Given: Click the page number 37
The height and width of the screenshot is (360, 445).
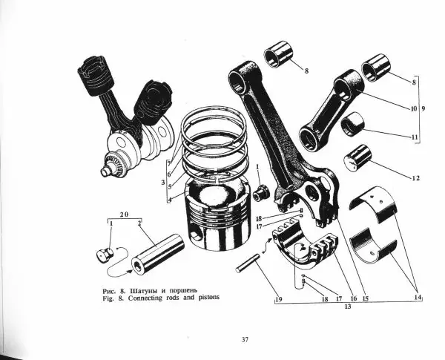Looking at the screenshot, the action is point(245,339).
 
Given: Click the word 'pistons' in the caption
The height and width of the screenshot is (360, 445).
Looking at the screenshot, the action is point(208,298).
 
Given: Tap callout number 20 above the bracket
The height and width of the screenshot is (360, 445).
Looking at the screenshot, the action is point(124,215).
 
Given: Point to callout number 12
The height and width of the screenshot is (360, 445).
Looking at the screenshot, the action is point(416,178).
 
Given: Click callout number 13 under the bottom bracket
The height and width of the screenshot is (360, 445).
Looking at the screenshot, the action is point(348,307).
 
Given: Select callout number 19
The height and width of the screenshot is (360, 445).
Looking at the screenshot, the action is point(278,299).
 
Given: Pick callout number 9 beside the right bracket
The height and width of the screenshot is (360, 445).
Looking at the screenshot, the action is point(423,108).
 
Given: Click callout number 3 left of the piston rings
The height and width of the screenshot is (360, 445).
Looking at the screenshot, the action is point(163,183).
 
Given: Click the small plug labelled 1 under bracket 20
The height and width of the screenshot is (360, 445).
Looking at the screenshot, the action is point(105,254).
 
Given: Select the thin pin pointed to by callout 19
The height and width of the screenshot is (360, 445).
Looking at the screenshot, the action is point(248,263).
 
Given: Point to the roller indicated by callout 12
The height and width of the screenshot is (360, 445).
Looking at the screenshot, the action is point(358,157).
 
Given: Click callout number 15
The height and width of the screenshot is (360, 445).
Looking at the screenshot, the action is point(365,299).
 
